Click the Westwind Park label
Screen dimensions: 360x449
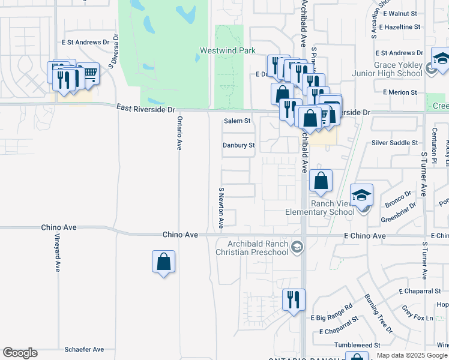228,51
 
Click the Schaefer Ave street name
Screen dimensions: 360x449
84,349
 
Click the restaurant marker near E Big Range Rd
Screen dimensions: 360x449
294,299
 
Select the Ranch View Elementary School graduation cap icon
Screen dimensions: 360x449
362,196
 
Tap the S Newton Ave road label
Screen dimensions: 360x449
221,208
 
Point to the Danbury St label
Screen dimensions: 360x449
239,145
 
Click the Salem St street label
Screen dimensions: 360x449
237,121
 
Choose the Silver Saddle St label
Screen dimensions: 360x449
394,143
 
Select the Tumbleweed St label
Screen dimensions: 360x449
357,345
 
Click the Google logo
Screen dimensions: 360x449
20,353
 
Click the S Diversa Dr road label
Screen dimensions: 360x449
112,50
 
